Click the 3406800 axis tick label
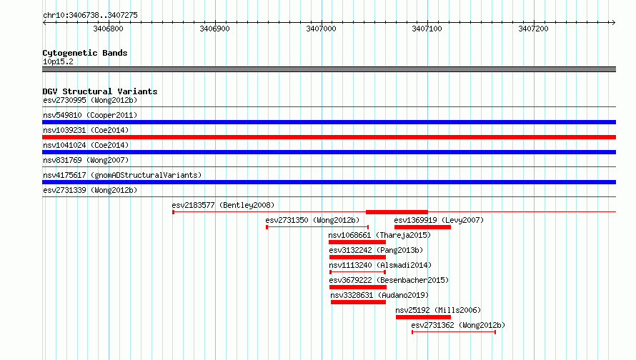point(108,29)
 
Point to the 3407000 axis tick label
point(321,29)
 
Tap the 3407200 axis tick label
point(533,29)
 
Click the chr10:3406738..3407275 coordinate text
point(90,16)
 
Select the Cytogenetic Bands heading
point(85,53)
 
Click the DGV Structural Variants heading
point(100,91)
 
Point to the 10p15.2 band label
point(58,61)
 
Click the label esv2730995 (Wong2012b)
point(90,100)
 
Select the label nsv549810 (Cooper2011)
point(90,115)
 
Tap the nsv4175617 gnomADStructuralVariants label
point(122,175)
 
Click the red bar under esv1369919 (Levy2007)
point(422,227)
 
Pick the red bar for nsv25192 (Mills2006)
point(423,317)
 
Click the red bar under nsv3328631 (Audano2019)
point(358,302)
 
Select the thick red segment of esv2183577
point(397,212)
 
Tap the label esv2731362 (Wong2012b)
point(458,325)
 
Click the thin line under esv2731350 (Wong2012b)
point(317,227)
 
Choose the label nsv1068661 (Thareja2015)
point(379,235)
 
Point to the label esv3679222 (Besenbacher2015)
point(389,280)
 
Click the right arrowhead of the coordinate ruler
point(614,23)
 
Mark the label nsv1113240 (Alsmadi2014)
point(380,265)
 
